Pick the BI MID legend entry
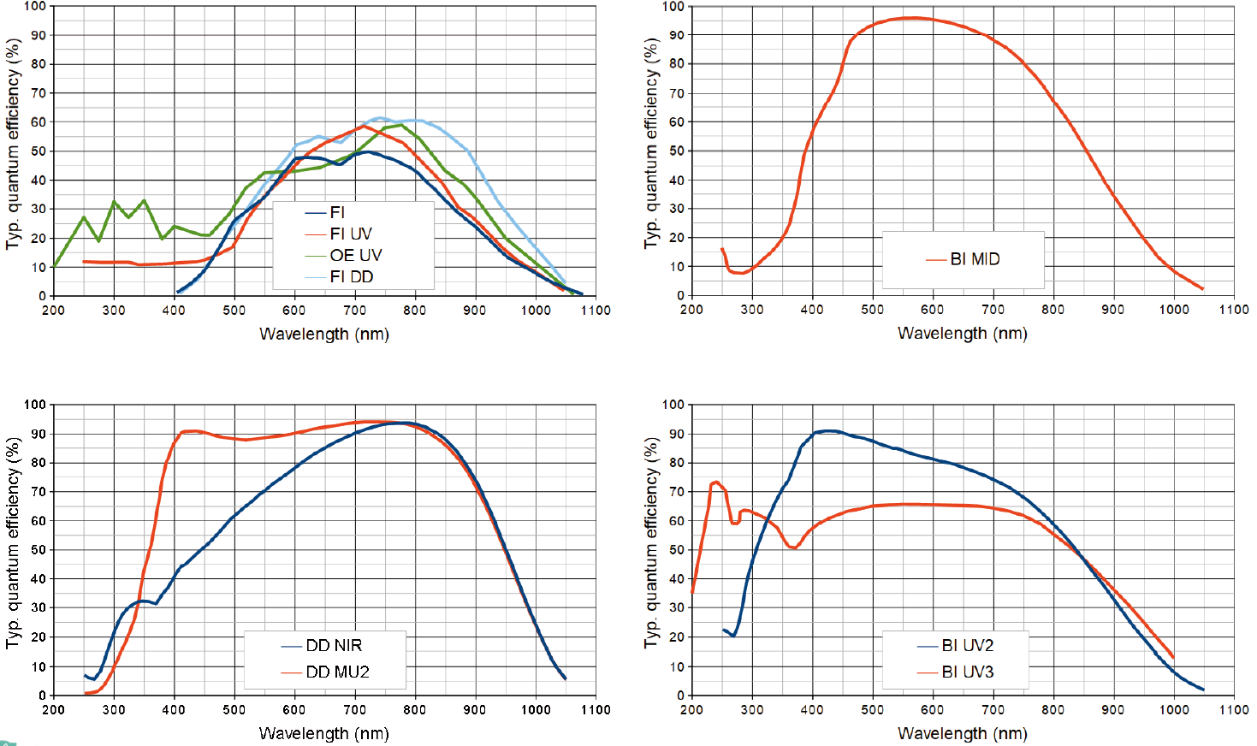(x=975, y=259)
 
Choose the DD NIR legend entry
(x=334, y=645)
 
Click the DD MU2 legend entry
(x=337, y=672)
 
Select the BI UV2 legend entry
(x=968, y=645)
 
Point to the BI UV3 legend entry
(x=968, y=672)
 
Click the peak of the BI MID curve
(x=913, y=17)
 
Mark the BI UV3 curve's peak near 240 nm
(x=715, y=482)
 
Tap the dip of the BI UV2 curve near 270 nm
(x=733, y=636)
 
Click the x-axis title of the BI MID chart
(x=962, y=334)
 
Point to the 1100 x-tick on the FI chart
(x=596, y=310)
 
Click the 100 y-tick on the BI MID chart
(x=673, y=7)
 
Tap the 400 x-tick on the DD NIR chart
(x=174, y=709)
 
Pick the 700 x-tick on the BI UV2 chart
(x=993, y=709)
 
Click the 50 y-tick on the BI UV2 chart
(x=676, y=550)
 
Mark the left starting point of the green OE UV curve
(x=54, y=267)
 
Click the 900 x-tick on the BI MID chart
(x=1112, y=310)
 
